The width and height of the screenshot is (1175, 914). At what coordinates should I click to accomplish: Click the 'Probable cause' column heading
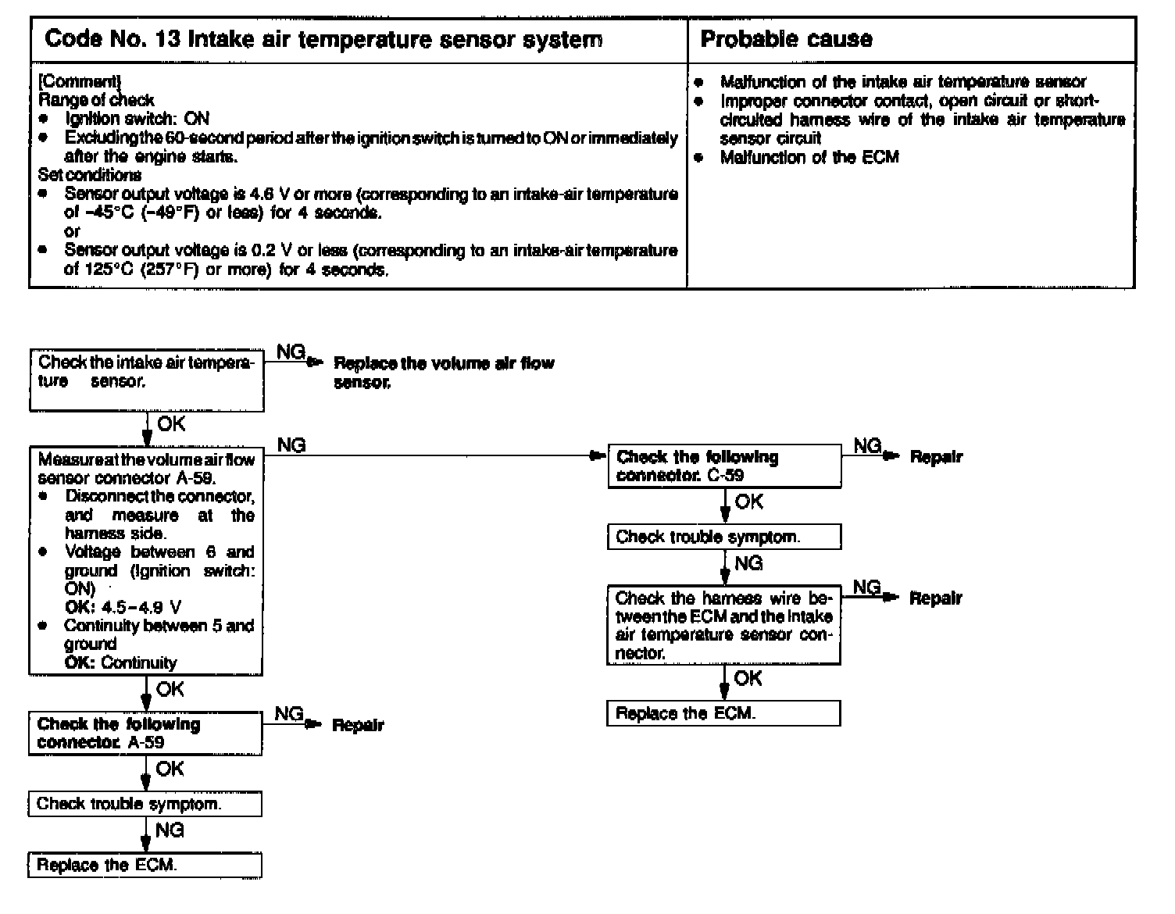786,39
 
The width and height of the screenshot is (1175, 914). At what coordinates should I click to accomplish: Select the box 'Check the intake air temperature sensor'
147,380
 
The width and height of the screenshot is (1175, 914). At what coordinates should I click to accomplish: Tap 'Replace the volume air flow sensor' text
443,373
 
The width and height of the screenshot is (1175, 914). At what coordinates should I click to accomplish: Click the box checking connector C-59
724,466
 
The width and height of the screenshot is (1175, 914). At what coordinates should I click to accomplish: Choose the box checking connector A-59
145,733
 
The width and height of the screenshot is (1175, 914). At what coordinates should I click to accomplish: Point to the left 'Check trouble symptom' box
145,804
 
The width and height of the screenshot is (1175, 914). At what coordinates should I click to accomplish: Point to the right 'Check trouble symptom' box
724,537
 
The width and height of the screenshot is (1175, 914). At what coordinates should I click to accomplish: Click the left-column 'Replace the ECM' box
145,865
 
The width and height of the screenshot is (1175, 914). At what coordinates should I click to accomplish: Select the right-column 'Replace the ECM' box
723,713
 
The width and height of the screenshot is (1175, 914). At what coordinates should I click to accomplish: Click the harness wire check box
723,625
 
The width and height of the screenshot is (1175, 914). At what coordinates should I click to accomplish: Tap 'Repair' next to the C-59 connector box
936,457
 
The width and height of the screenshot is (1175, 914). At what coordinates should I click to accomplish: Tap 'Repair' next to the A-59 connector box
358,725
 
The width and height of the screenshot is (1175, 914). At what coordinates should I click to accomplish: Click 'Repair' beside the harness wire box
935,598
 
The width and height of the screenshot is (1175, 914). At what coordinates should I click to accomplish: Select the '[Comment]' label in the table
79,80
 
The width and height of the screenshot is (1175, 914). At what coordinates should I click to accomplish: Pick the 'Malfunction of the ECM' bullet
809,157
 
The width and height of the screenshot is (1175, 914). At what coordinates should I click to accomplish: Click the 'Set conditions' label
90,175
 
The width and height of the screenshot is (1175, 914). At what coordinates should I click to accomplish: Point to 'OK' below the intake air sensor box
171,424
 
